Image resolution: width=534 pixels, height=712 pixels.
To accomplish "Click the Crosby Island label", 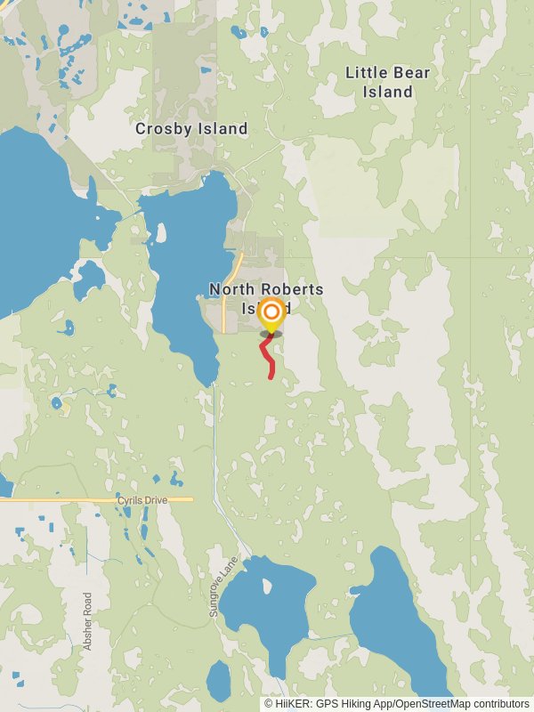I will tap(191, 129).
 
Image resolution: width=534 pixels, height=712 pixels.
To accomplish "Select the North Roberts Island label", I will tap(265, 298).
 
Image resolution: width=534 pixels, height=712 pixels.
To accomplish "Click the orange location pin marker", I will tap(271, 315).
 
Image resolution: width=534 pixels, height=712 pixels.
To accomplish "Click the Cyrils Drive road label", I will tap(142, 501).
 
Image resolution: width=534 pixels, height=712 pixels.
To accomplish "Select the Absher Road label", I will tap(87, 620).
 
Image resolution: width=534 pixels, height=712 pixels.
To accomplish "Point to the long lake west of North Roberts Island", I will tap(182, 285).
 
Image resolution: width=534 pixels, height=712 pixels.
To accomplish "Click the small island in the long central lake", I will tap(160, 233).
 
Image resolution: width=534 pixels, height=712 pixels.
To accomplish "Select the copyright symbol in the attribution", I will tap(269, 703).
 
